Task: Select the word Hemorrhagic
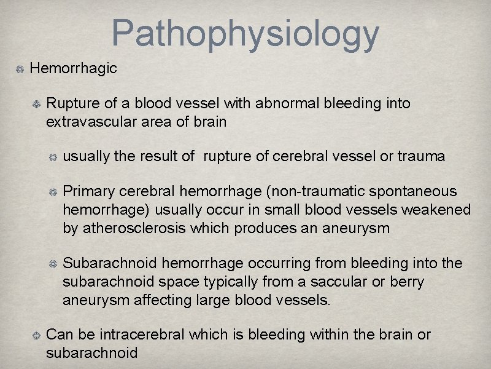(x=73, y=68)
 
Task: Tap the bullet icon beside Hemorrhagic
(x=20, y=69)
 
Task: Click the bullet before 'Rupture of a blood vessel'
(x=37, y=104)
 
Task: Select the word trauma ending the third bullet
(x=422, y=156)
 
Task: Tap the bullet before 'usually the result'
(x=54, y=157)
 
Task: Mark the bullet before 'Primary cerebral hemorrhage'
(x=54, y=193)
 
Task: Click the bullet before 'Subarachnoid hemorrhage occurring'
(x=54, y=264)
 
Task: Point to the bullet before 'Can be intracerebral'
(x=37, y=336)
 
